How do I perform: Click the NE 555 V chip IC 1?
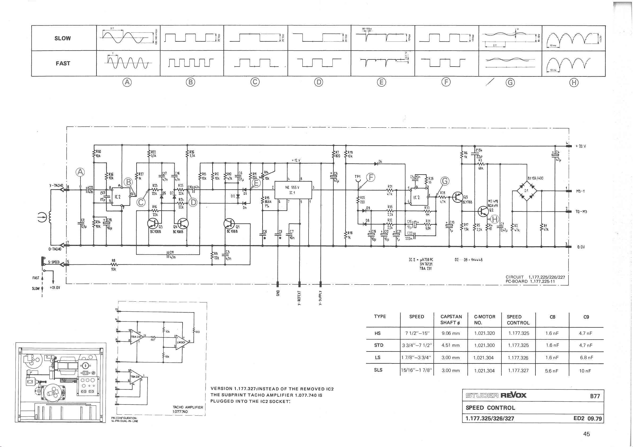(x=293, y=190)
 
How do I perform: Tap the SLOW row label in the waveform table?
(x=63, y=38)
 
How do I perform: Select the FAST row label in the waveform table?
(x=63, y=63)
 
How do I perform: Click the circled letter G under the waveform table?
(x=510, y=82)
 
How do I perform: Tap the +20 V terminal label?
(x=581, y=146)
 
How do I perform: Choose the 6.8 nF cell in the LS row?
(x=586, y=358)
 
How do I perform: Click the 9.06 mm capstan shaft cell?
(x=450, y=333)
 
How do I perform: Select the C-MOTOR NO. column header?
(x=484, y=320)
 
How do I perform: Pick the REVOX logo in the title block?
(x=513, y=396)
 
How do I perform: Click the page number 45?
(x=586, y=434)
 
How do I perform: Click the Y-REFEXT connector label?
(x=299, y=298)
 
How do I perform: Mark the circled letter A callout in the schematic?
(x=80, y=172)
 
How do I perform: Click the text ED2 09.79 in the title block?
(x=588, y=418)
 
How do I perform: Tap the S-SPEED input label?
(x=54, y=262)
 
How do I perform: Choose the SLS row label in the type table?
(x=378, y=370)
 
